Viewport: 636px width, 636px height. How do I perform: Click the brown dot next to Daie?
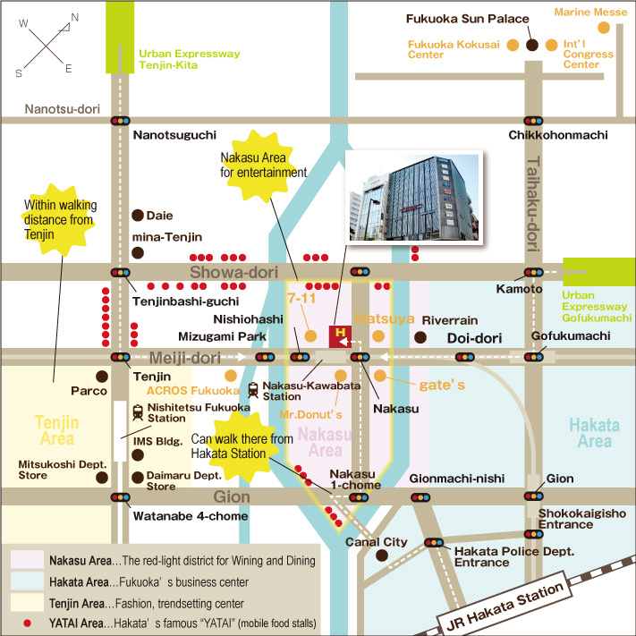point(138,215)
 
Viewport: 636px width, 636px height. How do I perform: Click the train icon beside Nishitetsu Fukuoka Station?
point(139,411)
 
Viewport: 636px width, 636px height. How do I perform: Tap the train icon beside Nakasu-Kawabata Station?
point(253,390)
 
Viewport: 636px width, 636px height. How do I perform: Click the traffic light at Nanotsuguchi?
point(120,121)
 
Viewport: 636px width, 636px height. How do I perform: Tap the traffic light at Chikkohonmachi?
point(533,121)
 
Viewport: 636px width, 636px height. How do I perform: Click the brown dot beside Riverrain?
point(420,337)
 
